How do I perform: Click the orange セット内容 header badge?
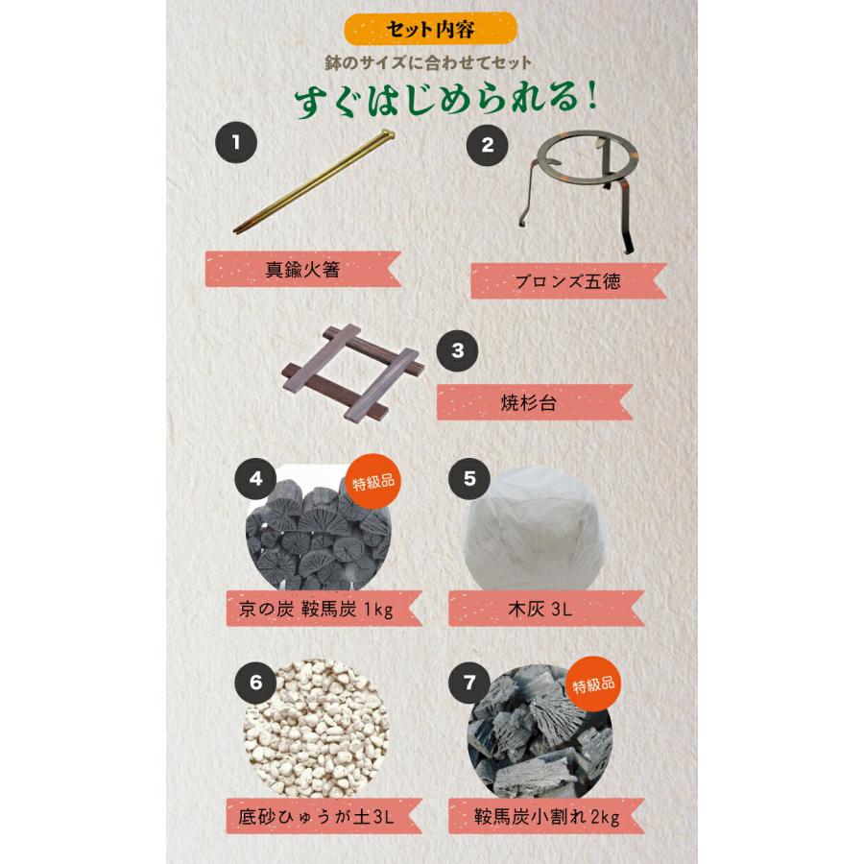tap(430, 29)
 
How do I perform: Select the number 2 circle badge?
tap(487, 146)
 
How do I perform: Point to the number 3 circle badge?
tap(457, 350)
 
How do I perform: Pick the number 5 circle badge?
tap(468, 480)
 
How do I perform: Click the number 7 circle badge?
tap(469, 684)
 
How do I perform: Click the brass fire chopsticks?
tap(314, 182)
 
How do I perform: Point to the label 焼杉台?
tap(533, 403)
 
